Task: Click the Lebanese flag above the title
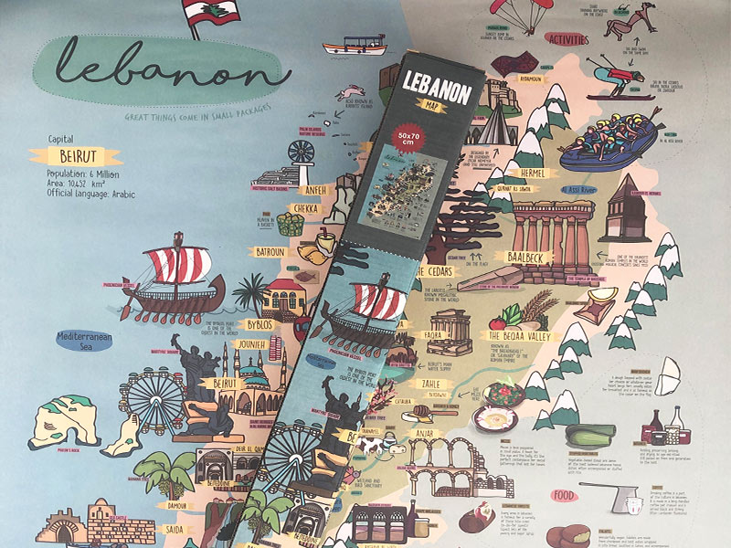209,13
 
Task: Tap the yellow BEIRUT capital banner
74,156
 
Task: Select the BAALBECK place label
518,258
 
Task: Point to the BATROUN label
270,252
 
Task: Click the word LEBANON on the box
437,86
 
